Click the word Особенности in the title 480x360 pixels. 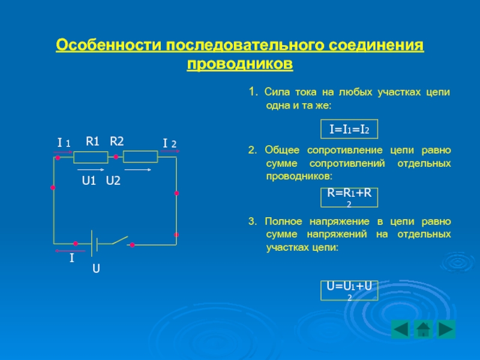pos(109,45)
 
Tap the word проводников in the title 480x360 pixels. pos(240,64)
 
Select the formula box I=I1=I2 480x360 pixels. pos(349,129)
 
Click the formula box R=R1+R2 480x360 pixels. pos(349,197)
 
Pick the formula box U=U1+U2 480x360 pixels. pos(349,290)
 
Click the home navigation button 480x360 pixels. pos(424,329)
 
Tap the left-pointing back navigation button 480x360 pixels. pos(401,329)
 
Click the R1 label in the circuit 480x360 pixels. pos(92,141)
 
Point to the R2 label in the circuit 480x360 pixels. pos(116,141)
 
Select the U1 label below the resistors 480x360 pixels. pos(89,181)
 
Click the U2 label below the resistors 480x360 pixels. pos(113,181)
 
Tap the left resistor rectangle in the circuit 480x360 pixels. pos(91,157)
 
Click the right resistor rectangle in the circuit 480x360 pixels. pos(140,157)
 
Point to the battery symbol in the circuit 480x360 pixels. pos(94,244)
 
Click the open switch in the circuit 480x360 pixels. pos(121,241)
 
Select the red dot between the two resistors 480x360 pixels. pos(116,157)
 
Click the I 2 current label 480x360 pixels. pos(170,143)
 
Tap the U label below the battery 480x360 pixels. pos(96,268)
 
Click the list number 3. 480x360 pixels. pos(253,221)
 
